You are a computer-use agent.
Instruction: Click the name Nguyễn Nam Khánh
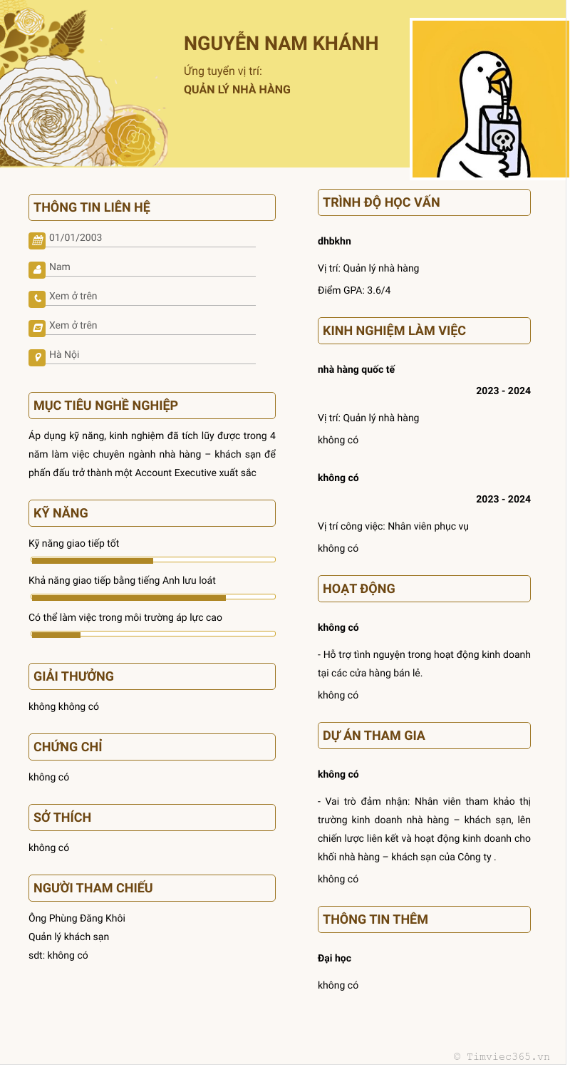[x=281, y=43]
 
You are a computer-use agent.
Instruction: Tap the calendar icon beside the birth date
[x=37, y=240]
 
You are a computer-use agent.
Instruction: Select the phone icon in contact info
[x=37, y=299]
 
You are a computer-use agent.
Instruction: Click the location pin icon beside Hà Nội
[x=37, y=357]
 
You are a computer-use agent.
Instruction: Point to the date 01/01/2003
[x=76, y=238]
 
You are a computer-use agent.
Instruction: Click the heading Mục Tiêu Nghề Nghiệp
[x=106, y=406]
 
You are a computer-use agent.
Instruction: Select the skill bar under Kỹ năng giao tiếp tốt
[x=152, y=560]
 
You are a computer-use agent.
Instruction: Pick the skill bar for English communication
[x=152, y=597]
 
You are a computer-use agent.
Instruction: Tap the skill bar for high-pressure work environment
[x=152, y=634]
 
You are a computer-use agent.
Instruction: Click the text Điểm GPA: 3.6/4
[x=354, y=290]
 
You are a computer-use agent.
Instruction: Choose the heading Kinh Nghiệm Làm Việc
[x=394, y=331]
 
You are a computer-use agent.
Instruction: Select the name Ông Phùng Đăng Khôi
[x=77, y=918]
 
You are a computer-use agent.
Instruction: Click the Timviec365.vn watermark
[x=502, y=1056]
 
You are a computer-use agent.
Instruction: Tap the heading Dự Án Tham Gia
[x=374, y=736]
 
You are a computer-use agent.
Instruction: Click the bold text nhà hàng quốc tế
[x=356, y=369]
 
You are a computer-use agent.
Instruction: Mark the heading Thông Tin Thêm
[x=375, y=919]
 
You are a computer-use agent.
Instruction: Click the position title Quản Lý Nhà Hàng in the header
[x=237, y=90]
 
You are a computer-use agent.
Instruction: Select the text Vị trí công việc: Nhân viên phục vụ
[x=393, y=526]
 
